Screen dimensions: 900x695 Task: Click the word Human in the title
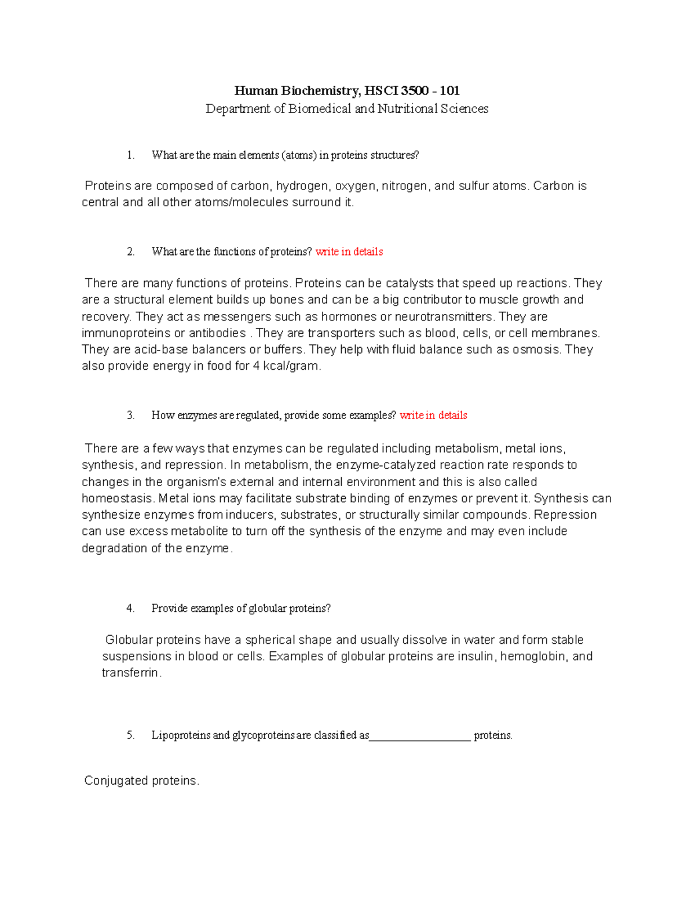256,90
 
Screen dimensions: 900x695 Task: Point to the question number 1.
130,155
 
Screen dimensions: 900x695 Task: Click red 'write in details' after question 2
349,252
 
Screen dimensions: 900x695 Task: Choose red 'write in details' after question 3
433,415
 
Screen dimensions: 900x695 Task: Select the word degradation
115,548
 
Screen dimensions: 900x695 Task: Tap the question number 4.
130,608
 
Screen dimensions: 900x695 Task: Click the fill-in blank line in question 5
420,738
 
